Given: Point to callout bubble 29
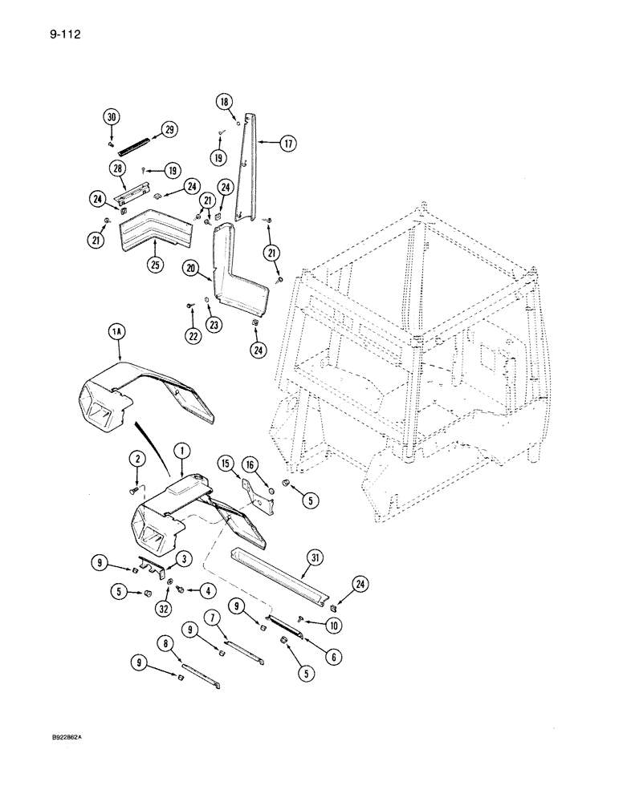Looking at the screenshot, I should [x=169, y=129].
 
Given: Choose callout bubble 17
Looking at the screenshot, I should [x=287, y=144].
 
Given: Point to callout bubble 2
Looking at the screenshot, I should [x=136, y=458].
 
